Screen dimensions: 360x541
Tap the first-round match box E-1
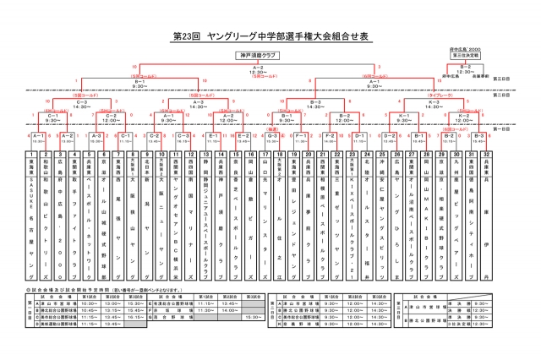pyautogui.click(x=213, y=135)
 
